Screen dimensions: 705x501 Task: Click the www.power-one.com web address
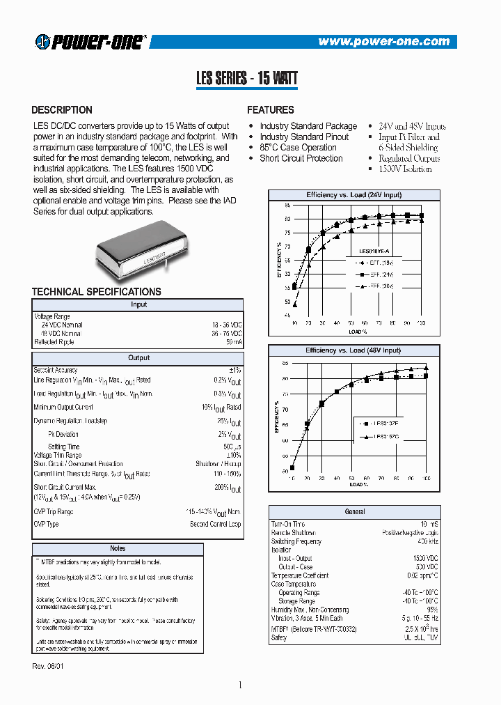(x=383, y=42)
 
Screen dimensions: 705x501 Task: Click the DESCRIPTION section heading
(x=62, y=110)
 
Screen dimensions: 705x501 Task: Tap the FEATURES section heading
(x=271, y=110)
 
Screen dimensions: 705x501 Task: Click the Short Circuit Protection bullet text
(x=301, y=158)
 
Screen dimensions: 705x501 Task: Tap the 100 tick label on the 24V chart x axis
(x=420, y=323)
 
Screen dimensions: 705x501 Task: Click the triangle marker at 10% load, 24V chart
(x=294, y=304)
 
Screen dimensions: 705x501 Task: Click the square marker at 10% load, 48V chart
(x=292, y=467)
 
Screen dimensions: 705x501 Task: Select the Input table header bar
(x=138, y=304)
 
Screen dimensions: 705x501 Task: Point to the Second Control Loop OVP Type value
(x=215, y=524)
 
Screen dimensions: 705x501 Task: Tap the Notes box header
(x=118, y=549)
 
